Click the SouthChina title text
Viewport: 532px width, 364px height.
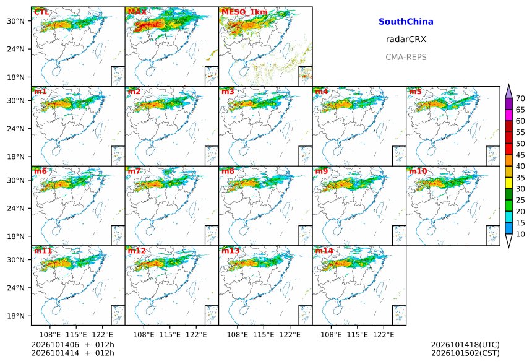406,22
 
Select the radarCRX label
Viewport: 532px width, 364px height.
406,39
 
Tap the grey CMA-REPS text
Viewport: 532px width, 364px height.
406,57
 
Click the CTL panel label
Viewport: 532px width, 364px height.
41,12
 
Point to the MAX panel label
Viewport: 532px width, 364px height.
137,12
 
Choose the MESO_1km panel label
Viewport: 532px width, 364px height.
244,12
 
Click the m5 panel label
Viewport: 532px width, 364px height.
415,92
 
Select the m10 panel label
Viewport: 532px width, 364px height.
418,171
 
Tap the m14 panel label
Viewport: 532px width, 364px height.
324,251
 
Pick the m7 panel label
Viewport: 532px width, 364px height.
134,171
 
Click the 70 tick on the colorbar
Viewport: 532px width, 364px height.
520,98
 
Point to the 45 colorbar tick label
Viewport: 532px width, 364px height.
520,155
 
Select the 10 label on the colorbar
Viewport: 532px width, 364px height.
520,234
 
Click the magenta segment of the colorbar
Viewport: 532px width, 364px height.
508,115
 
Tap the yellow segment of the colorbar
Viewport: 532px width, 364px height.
508,183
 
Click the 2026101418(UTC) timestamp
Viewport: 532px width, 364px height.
465,345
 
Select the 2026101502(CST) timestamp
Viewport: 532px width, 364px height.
465,353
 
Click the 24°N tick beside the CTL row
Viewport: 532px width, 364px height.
15,49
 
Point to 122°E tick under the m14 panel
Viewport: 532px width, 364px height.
384,335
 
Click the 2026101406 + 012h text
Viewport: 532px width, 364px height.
72,345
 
